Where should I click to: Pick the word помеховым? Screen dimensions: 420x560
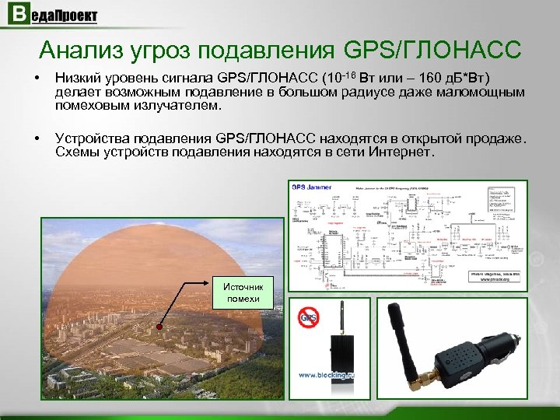point(89,105)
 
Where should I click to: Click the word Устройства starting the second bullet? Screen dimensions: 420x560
point(91,138)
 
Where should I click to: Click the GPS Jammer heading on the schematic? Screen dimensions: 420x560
point(310,187)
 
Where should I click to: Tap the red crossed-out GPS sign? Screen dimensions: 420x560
point(308,317)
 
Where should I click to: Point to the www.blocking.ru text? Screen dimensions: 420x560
point(325,375)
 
